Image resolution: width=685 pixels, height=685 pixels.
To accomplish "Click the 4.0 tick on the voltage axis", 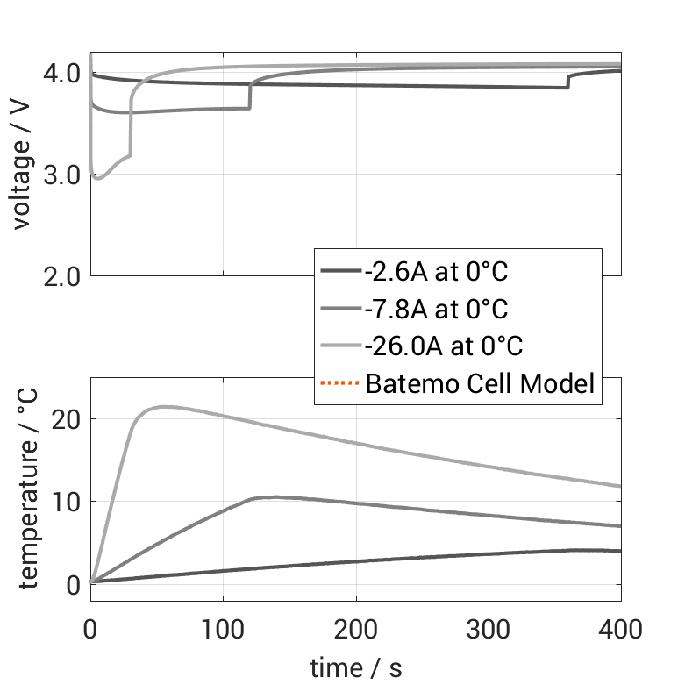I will (62, 74).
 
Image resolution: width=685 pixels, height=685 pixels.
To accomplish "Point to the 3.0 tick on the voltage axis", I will (62, 175).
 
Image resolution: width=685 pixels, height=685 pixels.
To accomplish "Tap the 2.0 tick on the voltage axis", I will (62, 275).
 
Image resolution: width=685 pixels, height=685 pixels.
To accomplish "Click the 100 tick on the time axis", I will (223, 629).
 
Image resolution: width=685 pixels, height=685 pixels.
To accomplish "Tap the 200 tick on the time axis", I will (355, 629).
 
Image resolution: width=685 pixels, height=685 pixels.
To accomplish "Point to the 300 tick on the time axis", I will (489, 629).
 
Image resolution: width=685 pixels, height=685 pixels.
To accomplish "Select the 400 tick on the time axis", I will (619, 629).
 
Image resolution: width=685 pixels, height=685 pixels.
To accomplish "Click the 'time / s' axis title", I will (355, 668).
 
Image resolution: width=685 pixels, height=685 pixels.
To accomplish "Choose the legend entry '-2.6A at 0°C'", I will (436, 271).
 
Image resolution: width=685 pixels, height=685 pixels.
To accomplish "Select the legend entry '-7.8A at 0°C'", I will (436, 309).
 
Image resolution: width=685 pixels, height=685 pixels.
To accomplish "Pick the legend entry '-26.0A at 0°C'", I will (443, 346).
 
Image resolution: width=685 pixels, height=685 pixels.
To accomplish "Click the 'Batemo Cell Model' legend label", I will (480, 383).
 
